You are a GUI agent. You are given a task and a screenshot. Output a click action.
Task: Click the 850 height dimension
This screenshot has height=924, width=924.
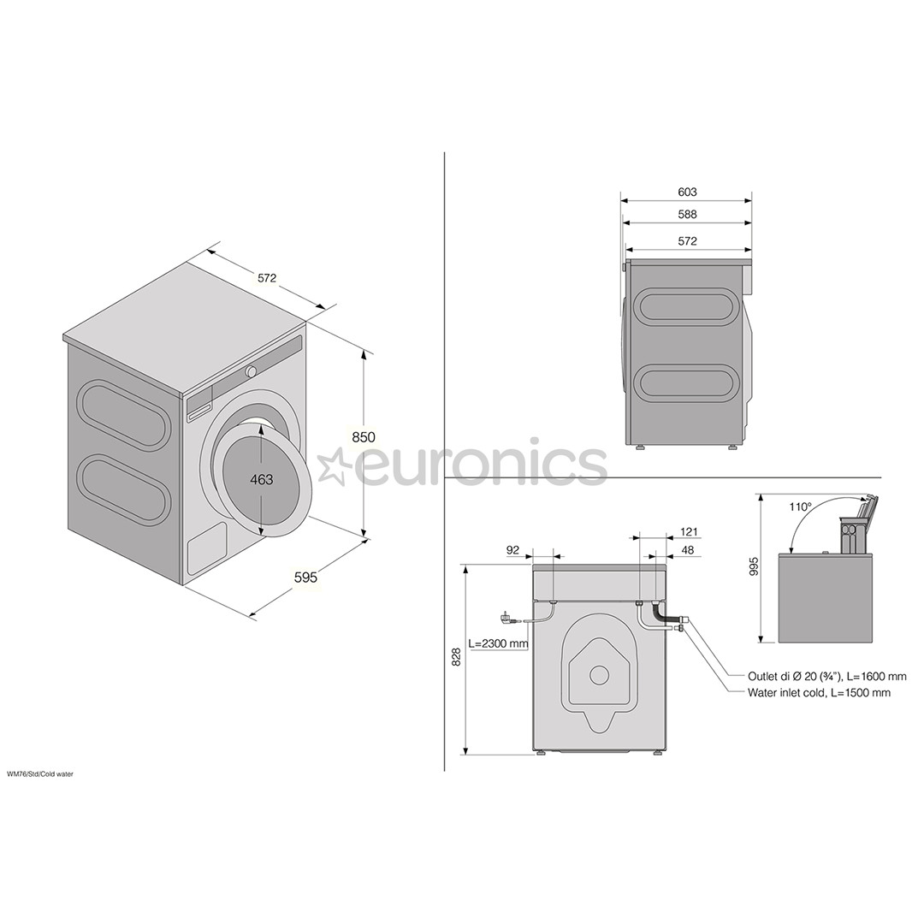click(364, 436)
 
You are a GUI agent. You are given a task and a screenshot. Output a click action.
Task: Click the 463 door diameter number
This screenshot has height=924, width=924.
click(262, 479)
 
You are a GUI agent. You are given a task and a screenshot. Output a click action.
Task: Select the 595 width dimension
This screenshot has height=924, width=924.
click(305, 577)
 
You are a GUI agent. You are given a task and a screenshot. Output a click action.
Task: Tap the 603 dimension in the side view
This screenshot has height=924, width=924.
click(687, 192)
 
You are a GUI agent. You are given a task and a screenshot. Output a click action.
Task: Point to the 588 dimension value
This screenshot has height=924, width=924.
click(687, 215)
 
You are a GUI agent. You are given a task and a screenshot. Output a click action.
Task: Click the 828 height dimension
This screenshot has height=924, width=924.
click(456, 657)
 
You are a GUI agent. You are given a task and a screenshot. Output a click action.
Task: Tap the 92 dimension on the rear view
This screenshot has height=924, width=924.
click(512, 550)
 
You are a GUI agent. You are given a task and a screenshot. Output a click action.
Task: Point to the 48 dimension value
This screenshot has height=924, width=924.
click(688, 550)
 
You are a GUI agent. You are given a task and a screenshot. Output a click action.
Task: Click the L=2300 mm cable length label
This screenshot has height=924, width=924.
click(498, 643)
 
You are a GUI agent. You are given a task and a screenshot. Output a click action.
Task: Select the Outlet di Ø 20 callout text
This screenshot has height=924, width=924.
click(826, 676)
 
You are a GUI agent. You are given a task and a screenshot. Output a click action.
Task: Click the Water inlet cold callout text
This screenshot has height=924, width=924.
click(818, 692)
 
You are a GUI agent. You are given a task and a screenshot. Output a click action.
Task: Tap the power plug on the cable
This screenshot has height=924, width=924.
click(505, 616)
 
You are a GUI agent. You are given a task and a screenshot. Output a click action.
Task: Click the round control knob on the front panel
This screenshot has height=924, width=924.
click(252, 371)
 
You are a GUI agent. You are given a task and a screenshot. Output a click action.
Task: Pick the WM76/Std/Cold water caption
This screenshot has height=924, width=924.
click(40, 773)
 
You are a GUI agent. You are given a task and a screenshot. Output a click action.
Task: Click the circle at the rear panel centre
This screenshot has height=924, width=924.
click(599, 675)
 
